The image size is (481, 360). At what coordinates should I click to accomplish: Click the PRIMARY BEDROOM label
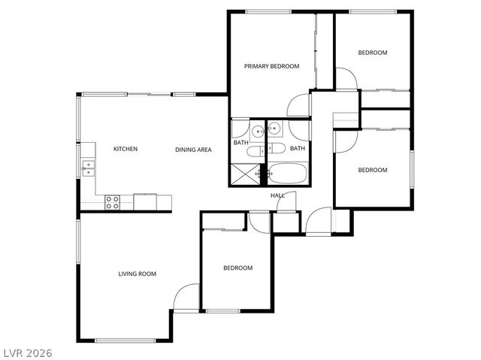(x=271, y=66)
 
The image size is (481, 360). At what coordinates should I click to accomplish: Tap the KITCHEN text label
(x=126, y=149)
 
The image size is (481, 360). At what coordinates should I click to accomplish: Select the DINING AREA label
(x=193, y=150)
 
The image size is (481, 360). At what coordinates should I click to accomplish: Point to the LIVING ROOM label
(x=137, y=274)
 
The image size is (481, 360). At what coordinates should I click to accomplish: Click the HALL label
(x=277, y=196)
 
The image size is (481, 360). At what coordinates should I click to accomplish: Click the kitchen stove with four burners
(x=112, y=201)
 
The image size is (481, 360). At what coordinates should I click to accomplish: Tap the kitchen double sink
(x=88, y=168)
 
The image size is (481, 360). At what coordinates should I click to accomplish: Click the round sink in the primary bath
(x=257, y=131)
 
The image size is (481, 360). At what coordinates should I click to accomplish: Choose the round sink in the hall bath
(x=275, y=129)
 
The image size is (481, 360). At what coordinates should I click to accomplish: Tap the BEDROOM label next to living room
(x=237, y=268)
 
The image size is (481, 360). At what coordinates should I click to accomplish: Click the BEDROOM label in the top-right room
(x=372, y=53)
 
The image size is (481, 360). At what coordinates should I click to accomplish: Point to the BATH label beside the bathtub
(x=298, y=148)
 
